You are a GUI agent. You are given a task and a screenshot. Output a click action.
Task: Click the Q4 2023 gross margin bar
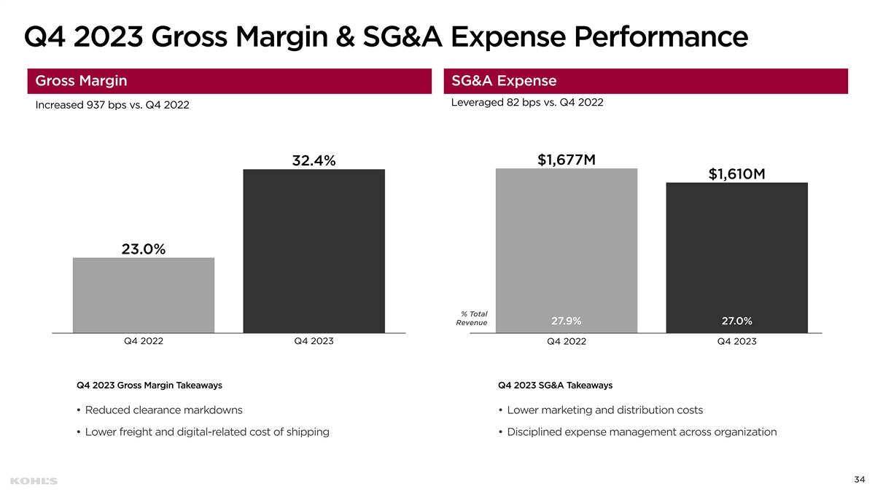314,251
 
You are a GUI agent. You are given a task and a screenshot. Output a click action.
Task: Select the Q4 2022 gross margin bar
144,295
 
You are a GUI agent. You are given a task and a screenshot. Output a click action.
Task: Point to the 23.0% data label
144,249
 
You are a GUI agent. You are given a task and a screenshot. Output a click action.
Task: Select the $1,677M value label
567,159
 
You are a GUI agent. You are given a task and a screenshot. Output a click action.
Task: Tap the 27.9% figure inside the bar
566,321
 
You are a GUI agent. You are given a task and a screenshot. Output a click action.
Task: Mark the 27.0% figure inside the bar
736,321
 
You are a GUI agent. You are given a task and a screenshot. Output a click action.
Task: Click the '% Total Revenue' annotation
472,318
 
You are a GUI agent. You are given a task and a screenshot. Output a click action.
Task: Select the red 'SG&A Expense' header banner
645,81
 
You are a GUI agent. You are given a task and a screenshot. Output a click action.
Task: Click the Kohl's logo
34,480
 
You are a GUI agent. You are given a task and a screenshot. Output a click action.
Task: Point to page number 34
859,479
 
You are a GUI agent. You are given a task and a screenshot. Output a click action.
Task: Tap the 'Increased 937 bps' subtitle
112,106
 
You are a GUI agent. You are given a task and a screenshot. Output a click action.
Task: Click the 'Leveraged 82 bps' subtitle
527,102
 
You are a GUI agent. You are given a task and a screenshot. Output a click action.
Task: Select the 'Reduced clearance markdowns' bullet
160,410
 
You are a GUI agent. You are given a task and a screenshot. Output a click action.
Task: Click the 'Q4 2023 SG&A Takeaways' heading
555,384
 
